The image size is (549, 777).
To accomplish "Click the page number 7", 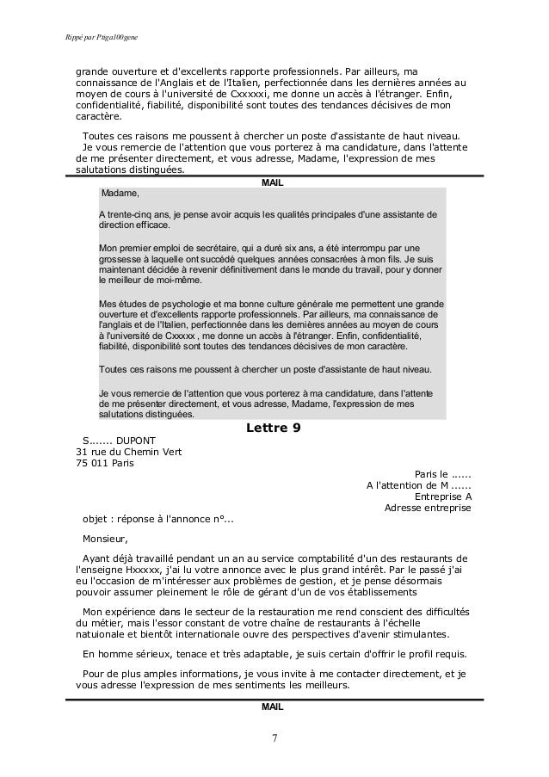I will [x=274, y=740].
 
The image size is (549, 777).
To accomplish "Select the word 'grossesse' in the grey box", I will [x=123, y=258].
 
